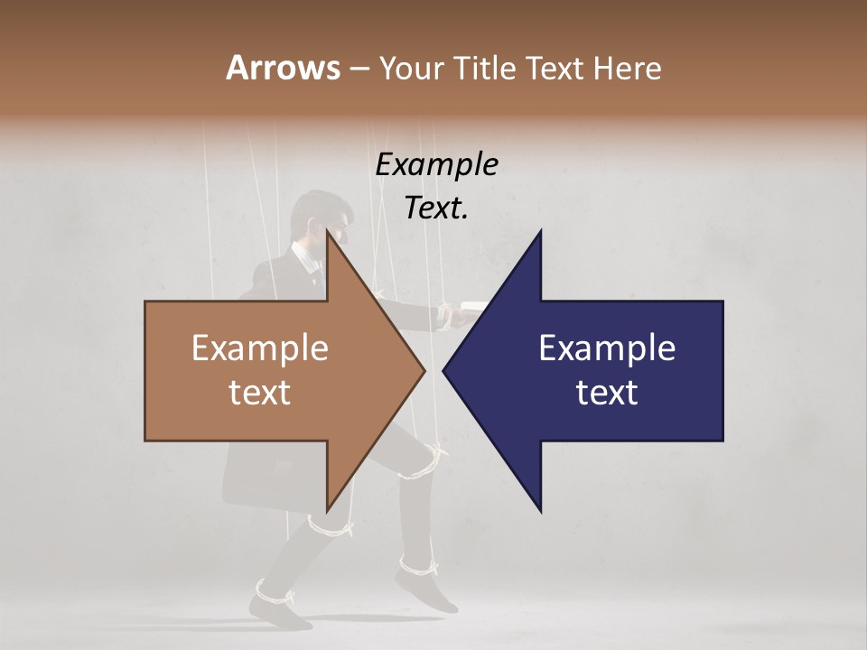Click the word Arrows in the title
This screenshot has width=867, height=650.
pyautogui.click(x=282, y=68)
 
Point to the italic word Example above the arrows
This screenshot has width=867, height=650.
pyautogui.click(x=436, y=164)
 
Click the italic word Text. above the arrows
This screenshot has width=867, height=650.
pyautogui.click(x=436, y=208)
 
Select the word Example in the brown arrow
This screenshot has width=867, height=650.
pyautogui.click(x=260, y=348)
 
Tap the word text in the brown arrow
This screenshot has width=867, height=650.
pyautogui.click(x=260, y=392)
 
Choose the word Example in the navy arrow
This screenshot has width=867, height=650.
pyautogui.click(x=607, y=348)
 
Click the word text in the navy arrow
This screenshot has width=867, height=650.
pyautogui.click(x=607, y=392)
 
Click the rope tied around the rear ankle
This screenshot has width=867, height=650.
pyautogui.click(x=275, y=594)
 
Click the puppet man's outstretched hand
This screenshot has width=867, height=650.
pyautogui.click(x=452, y=314)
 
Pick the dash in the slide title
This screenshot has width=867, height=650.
pyautogui.click(x=359, y=69)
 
